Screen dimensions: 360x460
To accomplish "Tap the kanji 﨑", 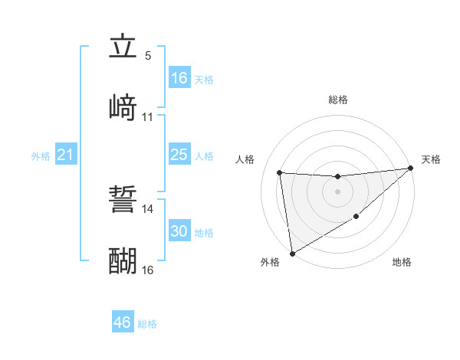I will (123, 107).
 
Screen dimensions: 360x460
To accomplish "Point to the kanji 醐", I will (123, 261).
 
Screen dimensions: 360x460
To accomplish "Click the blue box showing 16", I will (179, 77).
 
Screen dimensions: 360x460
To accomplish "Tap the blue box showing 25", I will (179, 155).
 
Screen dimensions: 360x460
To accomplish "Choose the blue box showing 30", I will (179, 231).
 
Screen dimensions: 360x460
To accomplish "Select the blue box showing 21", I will (66, 155).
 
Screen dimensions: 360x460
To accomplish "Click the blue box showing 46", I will (123, 322).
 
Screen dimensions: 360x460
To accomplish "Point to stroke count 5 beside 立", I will (148, 56).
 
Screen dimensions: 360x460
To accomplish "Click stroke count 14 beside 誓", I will (148, 208).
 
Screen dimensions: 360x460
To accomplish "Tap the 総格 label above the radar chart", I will (338, 100).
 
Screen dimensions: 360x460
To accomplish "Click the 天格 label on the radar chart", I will (431, 159).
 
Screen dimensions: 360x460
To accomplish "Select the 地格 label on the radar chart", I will (402, 262).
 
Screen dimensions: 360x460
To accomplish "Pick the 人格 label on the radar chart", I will (246, 159).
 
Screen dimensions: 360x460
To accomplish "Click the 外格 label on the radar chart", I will (270, 262).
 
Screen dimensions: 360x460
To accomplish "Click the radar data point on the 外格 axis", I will (292, 253).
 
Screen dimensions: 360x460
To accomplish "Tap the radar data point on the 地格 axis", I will (356, 218).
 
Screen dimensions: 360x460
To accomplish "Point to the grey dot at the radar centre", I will (337, 191).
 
